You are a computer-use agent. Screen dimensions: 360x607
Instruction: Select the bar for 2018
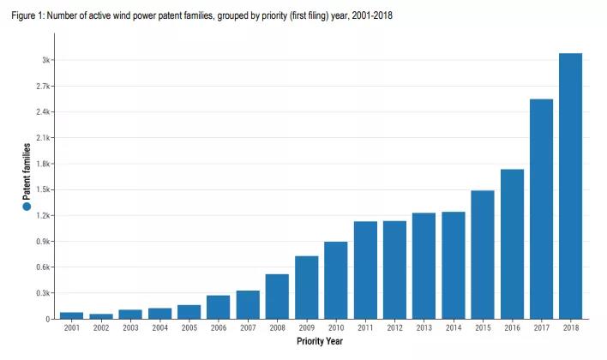pyautogui.click(x=570, y=186)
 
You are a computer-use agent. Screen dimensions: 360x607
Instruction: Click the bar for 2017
pyautogui.click(x=541, y=209)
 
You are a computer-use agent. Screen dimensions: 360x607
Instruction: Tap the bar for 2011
pyautogui.click(x=365, y=270)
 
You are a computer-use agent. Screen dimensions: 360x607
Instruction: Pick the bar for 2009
pyautogui.click(x=307, y=287)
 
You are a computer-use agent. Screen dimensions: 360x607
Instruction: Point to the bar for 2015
pyautogui.click(x=483, y=255)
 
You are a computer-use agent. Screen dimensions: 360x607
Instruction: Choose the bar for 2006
pyautogui.click(x=219, y=307)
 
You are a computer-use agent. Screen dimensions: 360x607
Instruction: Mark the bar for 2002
pyautogui.click(x=101, y=316)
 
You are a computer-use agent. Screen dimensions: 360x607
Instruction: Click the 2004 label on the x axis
pyautogui.click(x=159, y=328)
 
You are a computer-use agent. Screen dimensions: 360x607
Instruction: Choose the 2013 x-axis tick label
pyautogui.click(x=424, y=328)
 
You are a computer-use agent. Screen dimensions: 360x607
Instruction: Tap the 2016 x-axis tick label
pyautogui.click(x=512, y=328)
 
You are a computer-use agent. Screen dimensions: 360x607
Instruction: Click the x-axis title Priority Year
pyautogui.click(x=320, y=342)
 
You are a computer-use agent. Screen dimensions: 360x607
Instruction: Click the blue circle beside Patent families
pyautogui.click(x=27, y=207)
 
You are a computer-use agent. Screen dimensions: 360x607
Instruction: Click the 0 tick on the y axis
pyautogui.click(x=48, y=319)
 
